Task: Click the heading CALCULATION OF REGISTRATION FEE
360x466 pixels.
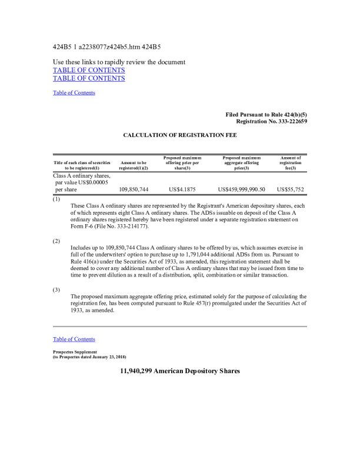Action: point(180,135)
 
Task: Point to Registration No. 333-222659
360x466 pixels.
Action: point(271,121)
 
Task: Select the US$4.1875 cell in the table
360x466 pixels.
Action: point(182,189)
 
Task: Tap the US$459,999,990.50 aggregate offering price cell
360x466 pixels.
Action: point(241,189)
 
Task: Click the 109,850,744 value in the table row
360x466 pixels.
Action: point(134,189)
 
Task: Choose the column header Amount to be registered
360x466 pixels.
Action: point(134,165)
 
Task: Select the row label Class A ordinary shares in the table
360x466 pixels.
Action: point(82,175)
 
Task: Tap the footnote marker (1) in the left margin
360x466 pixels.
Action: point(56,199)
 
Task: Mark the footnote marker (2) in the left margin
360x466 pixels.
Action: point(56,242)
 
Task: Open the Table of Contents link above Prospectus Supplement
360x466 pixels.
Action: point(74,339)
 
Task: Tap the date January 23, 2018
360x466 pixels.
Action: point(105,357)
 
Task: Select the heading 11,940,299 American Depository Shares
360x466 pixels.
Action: point(180,371)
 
